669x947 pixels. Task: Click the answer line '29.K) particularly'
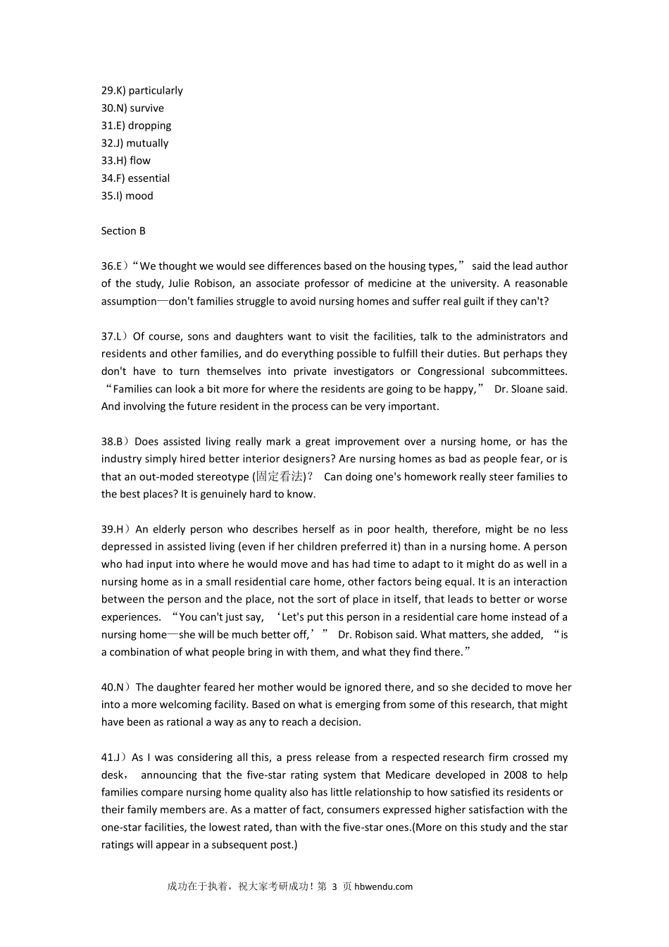click(142, 90)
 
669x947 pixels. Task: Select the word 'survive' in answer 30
click(146, 108)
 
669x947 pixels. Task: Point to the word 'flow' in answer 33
click(140, 161)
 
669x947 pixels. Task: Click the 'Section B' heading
click(123, 231)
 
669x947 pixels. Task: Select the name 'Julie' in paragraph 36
click(180, 283)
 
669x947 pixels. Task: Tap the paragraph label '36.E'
click(111, 266)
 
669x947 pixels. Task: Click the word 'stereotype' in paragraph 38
click(223, 477)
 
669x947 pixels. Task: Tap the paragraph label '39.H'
click(112, 529)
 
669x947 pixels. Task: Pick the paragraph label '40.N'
click(112, 687)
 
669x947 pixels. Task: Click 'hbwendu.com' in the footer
click(384, 886)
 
